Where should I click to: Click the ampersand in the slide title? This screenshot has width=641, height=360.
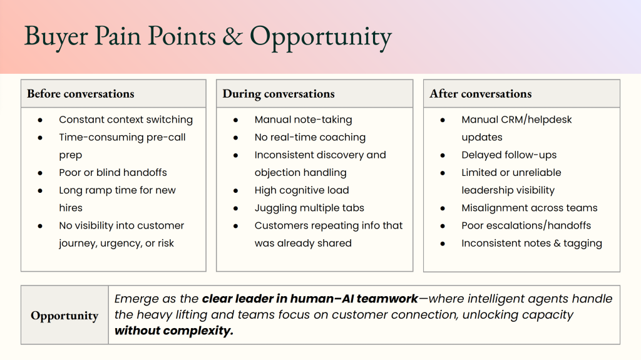click(x=232, y=36)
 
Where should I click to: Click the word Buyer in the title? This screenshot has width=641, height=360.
click(x=56, y=37)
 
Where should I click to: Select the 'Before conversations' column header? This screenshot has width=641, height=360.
click(x=81, y=94)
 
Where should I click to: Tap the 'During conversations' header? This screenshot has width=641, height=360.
click(x=279, y=94)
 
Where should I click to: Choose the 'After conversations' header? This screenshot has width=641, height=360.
click(x=480, y=94)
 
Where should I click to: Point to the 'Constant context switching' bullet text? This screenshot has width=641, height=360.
click(x=126, y=120)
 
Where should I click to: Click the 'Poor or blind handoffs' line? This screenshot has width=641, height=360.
click(x=113, y=172)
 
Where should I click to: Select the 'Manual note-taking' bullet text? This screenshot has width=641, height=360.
click(x=303, y=120)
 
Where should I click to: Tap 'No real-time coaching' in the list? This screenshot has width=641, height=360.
click(x=310, y=137)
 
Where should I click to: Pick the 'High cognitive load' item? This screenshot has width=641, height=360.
click(x=302, y=190)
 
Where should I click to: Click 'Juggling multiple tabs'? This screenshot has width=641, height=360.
click(x=309, y=208)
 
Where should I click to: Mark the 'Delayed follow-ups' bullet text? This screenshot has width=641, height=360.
click(x=509, y=155)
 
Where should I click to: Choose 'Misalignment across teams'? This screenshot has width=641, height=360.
click(x=530, y=208)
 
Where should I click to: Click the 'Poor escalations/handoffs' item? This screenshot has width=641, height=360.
click(x=526, y=225)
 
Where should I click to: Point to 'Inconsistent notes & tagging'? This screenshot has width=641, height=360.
click(x=531, y=244)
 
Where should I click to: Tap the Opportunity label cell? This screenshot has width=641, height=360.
click(x=64, y=316)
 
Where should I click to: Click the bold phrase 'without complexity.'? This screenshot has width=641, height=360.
click(x=174, y=331)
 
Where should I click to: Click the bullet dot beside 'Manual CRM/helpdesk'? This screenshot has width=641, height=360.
click(x=443, y=120)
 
